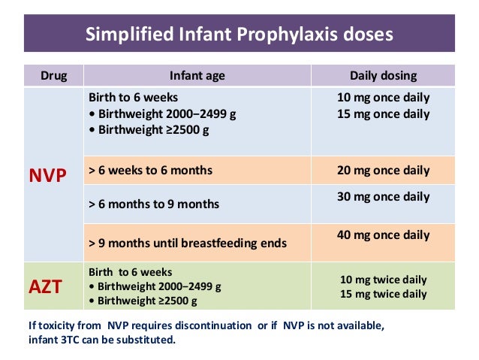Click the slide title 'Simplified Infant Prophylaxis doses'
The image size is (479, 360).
239,35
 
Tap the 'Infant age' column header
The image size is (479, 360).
197,75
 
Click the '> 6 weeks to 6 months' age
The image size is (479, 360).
150,171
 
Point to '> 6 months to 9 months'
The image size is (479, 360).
154,204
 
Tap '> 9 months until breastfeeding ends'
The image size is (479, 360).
187,244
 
